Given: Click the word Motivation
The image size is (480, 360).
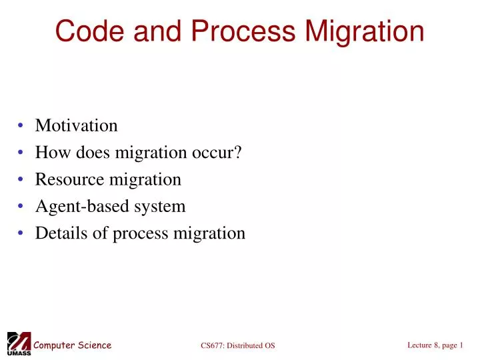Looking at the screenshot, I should point(76,125).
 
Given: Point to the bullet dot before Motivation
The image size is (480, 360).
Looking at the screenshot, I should point(22,126).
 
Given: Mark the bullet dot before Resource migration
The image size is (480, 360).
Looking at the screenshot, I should point(22,180).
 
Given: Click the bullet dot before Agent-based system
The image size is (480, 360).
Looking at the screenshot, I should point(22,207).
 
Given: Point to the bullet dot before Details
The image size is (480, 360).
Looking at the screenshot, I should point(22,234).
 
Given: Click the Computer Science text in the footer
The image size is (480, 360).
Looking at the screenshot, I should point(73,345).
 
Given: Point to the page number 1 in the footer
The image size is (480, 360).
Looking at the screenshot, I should point(461,344).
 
